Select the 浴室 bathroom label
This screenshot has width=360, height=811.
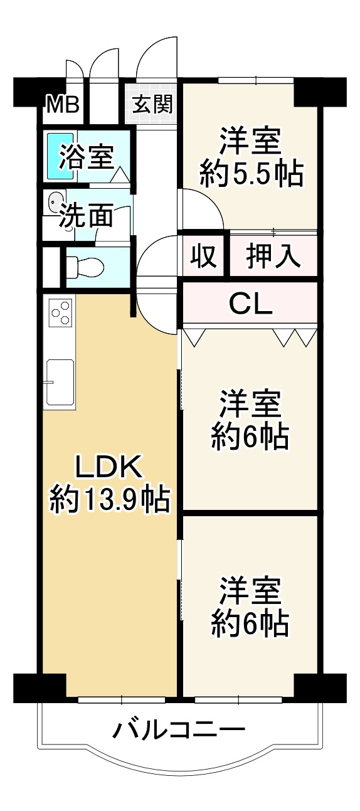(86, 157)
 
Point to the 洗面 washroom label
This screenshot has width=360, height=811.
(86, 216)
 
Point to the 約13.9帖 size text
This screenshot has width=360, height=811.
(110, 500)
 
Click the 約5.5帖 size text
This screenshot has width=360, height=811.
(251, 173)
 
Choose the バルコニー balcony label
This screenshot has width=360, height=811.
(179, 730)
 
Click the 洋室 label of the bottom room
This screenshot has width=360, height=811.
(250, 591)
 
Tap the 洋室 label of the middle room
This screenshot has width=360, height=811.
(250, 404)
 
